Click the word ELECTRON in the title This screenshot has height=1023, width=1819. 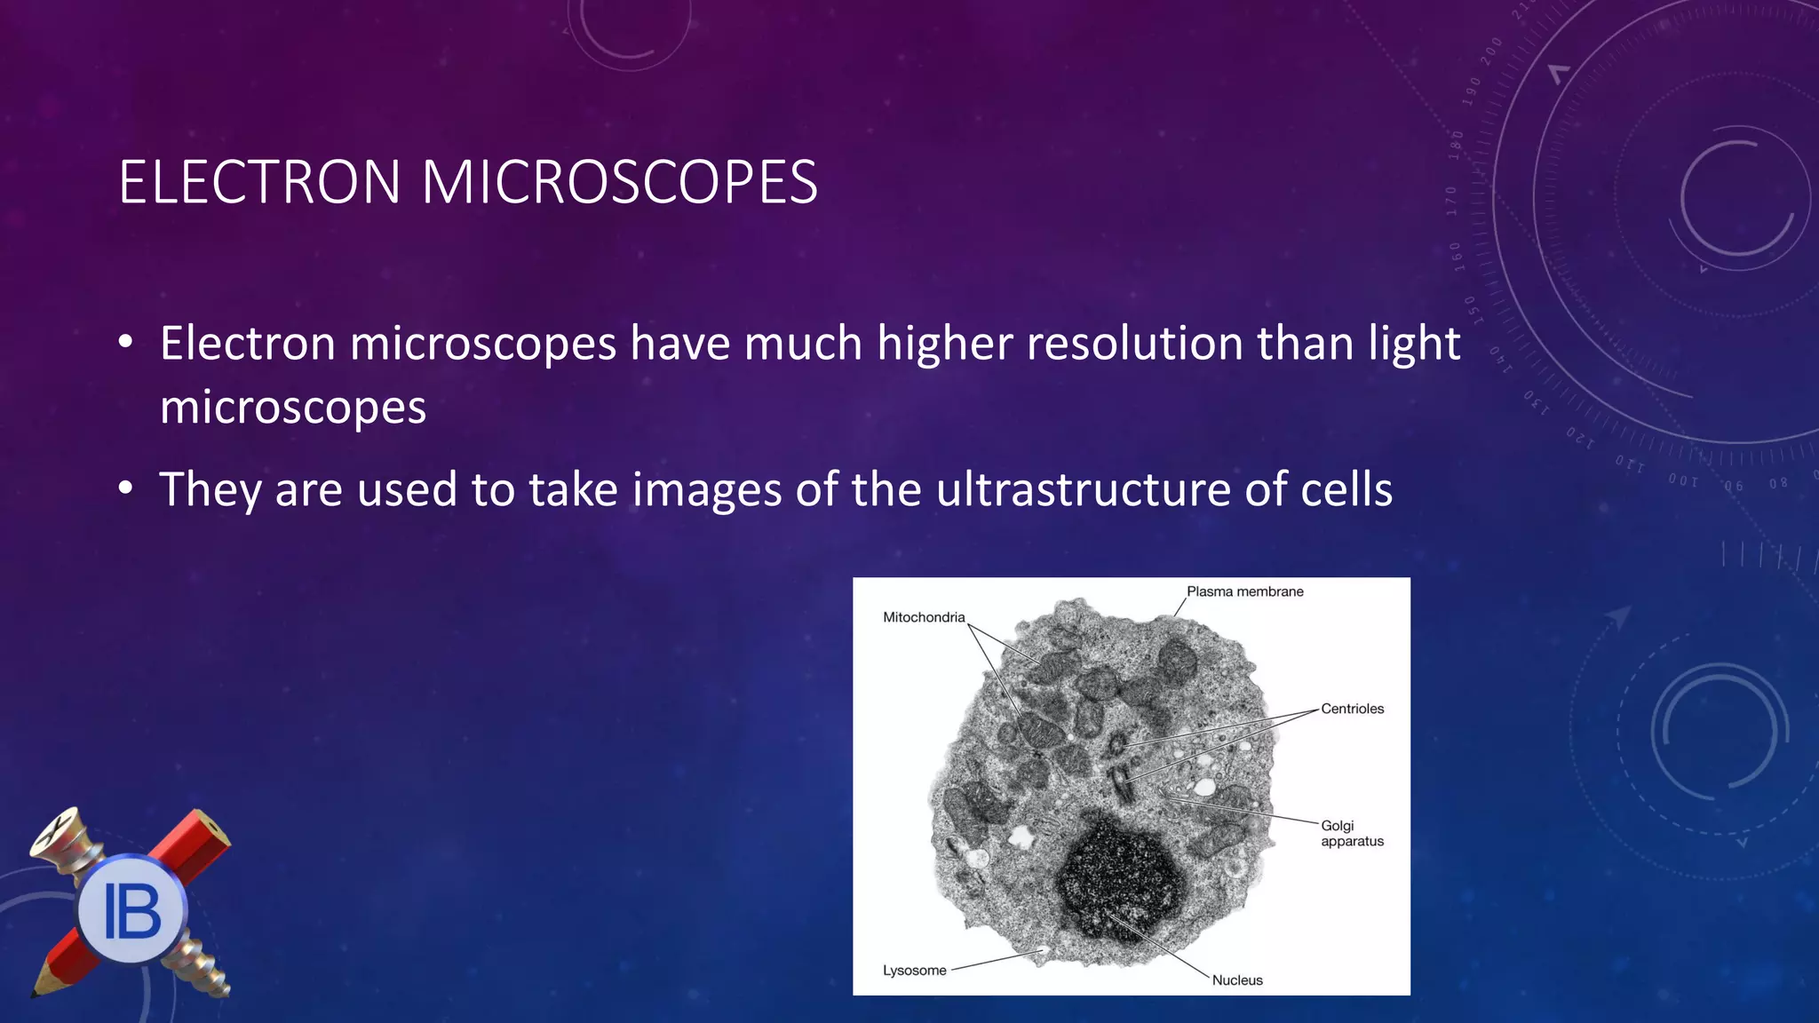pos(259,183)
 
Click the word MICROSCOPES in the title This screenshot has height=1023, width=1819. pos(619,183)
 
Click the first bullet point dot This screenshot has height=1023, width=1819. pos(126,342)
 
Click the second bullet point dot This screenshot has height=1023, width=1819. pos(126,488)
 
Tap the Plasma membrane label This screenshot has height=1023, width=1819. pos(1244,591)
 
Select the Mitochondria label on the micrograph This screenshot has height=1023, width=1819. pos(924,617)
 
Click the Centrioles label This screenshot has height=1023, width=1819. pos(1352,709)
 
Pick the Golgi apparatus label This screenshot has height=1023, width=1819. pos(1351,833)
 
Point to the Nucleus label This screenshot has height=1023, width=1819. pos(1237,980)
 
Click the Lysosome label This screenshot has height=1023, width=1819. pos(914,971)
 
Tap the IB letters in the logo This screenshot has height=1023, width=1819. pos(132,911)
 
